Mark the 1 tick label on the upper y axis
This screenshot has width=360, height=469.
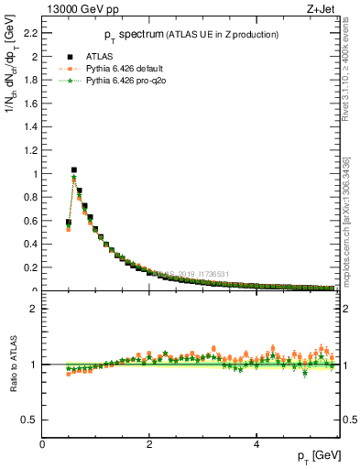36,173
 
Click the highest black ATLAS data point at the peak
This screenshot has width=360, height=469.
74,169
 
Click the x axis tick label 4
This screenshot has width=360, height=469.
257,444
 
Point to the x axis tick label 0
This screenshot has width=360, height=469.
43,444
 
